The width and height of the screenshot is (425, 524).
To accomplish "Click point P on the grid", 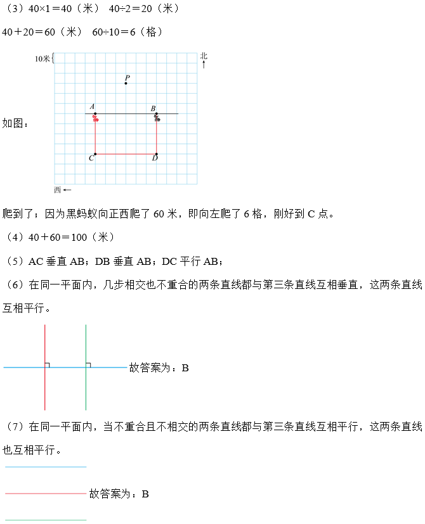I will tap(126, 83).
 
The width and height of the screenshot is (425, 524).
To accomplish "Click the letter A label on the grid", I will tap(92, 107).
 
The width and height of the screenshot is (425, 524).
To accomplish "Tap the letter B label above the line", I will tap(153, 108).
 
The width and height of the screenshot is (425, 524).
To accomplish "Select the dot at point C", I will tap(95, 154).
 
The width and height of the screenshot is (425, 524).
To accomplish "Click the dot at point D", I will tap(157, 154).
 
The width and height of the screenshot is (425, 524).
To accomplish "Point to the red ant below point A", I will tap(96, 118).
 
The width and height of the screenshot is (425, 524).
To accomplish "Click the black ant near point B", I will tap(157, 118).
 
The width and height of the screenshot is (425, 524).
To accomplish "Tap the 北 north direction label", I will tap(204, 56).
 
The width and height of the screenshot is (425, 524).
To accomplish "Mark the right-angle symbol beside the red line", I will tap(48, 364).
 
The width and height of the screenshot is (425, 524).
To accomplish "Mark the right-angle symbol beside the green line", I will tap(88, 364).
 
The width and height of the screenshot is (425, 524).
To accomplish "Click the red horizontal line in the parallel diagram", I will tap(44, 494).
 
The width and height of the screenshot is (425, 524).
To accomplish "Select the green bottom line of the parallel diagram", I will tap(44, 520).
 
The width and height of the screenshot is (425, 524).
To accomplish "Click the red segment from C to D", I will tap(126, 154).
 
